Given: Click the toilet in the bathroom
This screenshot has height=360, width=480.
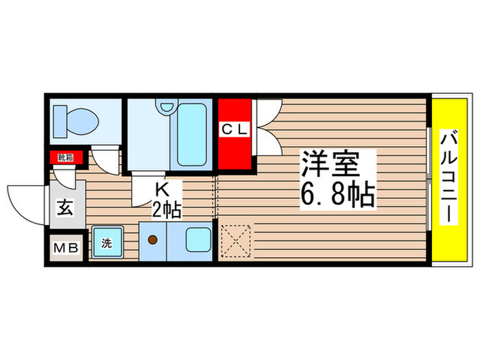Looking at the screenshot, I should tap(77, 121).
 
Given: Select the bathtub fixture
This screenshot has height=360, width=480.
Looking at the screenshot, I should tap(190, 134).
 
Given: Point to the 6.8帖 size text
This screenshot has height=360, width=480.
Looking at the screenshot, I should tap(337, 196).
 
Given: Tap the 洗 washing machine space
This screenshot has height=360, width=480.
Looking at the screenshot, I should tap(106, 243).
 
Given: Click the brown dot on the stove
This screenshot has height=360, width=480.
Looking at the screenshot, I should tap(153, 240).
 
